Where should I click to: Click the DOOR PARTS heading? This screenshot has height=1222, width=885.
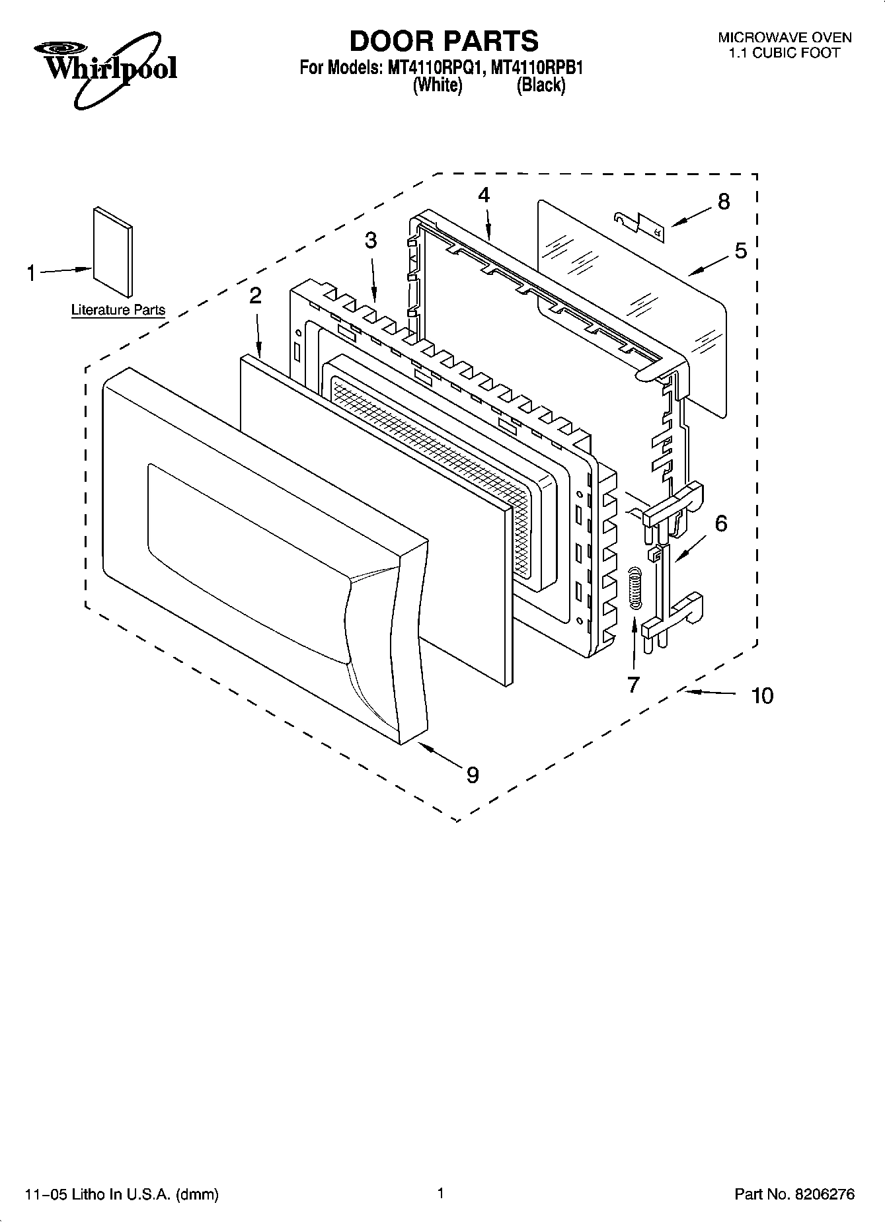pyautogui.click(x=443, y=41)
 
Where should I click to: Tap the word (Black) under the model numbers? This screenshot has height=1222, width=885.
pyautogui.click(x=541, y=85)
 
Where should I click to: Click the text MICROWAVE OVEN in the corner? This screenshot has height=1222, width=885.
pyautogui.click(x=785, y=38)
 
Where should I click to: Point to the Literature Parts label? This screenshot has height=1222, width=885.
pyautogui.click(x=118, y=310)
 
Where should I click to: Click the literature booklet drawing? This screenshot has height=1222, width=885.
pyautogui.click(x=113, y=251)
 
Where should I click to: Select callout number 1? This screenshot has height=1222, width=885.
pyautogui.click(x=31, y=273)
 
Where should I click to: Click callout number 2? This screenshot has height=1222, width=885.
pyautogui.click(x=255, y=296)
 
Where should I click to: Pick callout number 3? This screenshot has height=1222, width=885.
pyautogui.click(x=371, y=241)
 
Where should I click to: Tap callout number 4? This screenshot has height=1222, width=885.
pyautogui.click(x=484, y=195)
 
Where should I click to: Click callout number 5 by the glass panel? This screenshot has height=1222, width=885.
pyautogui.click(x=740, y=250)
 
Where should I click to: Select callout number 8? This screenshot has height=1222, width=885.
pyautogui.click(x=724, y=202)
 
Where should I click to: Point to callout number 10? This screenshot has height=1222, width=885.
pyautogui.click(x=762, y=695)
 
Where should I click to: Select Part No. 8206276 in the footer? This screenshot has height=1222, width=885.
pyautogui.click(x=794, y=1194)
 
